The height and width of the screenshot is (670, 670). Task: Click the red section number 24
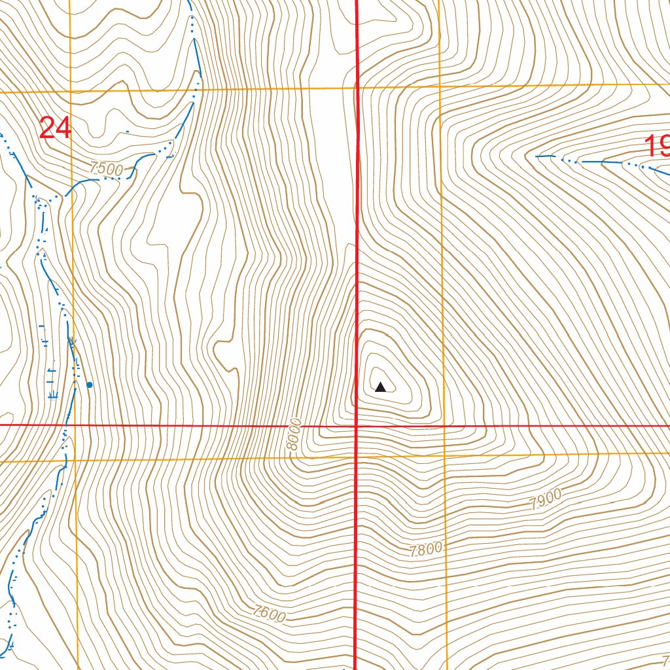tap(55, 128)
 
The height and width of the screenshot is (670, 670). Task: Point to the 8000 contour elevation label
tap(294, 434)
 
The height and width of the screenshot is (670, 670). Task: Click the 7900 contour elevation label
tap(546, 500)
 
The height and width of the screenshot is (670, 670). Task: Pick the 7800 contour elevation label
tap(426, 550)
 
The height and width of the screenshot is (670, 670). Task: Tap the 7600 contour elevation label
tap(269, 614)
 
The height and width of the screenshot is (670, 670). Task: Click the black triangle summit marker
tap(380, 387)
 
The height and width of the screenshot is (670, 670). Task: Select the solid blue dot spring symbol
tap(90, 385)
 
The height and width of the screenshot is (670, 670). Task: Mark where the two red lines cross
tap(357, 425)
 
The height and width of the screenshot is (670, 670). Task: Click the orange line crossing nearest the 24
tap(71, 92)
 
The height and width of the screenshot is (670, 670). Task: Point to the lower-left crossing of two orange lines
tap(76, 461)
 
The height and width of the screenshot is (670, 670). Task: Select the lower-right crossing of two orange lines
tap(444, 455)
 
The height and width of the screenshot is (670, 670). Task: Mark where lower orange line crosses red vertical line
tap(357, 456)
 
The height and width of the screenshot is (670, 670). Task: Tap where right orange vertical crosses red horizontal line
tap(443, 425)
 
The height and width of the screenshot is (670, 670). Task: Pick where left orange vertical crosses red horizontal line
tap(75, 425)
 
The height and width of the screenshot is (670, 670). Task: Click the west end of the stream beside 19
tap(537, 156)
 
